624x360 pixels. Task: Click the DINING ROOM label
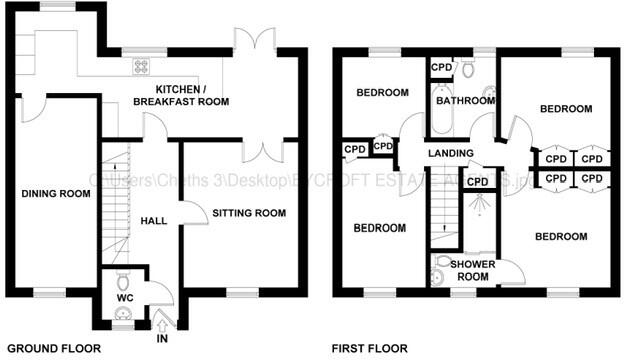(x=49, y=195)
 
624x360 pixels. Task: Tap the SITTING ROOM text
(x=249, y=213)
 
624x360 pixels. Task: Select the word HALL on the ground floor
(x=154, y=220)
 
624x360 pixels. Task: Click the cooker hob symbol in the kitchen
(x=141, y=67)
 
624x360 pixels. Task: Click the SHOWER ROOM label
(x=468, y=270)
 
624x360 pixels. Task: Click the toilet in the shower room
(x=443, y=261)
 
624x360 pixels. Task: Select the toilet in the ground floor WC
(x=123, y=279)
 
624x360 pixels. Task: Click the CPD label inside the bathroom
(x=441, y=67)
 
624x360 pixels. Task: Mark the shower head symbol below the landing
(x=482, y=205)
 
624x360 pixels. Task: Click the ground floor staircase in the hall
(x=118, y=205)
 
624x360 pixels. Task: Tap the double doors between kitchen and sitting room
(x=263, y=149)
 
